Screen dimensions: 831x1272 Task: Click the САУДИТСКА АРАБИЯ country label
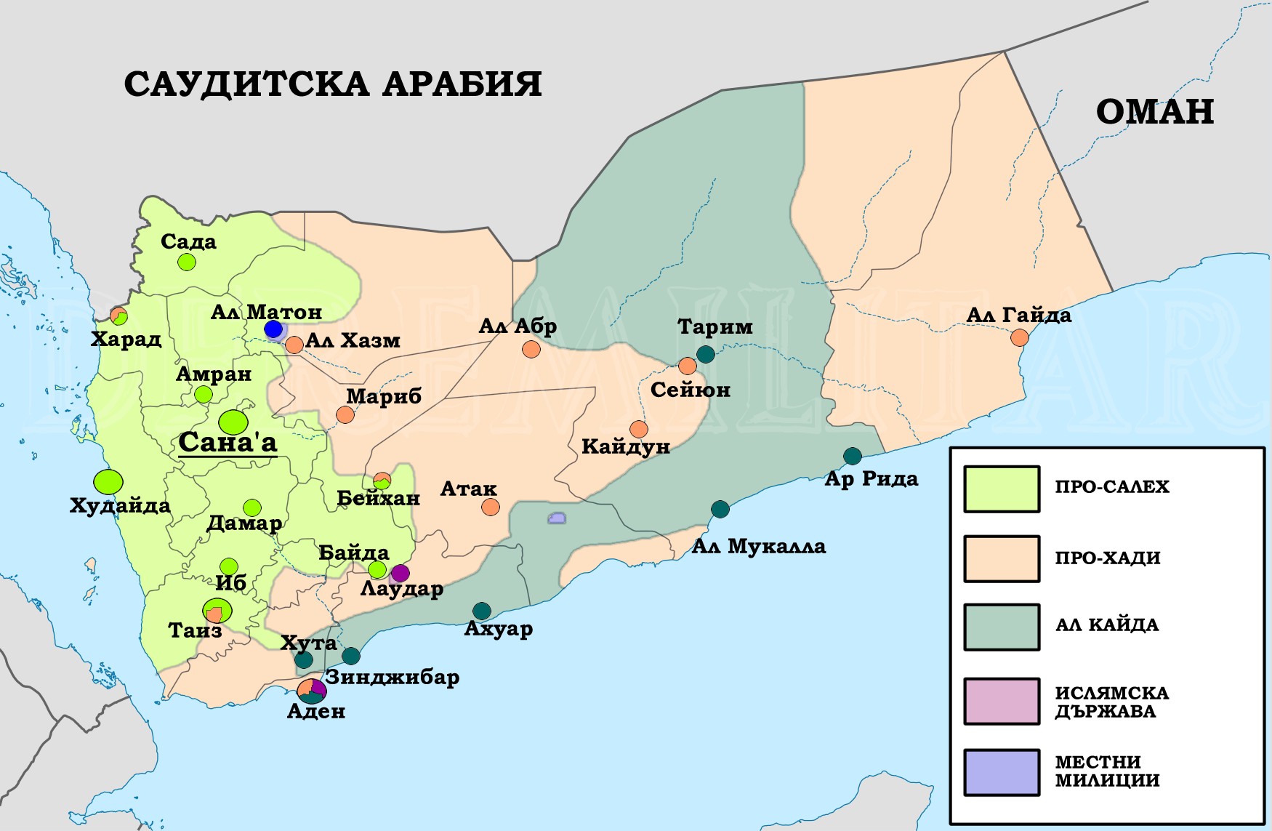333,84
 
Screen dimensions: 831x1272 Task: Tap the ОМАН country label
1154,112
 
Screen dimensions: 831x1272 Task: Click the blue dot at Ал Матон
273,329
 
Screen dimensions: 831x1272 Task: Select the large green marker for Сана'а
233,422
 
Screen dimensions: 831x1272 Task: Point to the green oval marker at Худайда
108,481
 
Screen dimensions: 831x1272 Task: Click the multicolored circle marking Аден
312,691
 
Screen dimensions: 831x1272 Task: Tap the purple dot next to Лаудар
400,573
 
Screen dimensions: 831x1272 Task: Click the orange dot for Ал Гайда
1020,337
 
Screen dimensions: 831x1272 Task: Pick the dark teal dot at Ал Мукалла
720,509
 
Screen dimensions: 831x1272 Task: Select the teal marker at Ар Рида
852,456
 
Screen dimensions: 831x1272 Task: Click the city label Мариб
384,396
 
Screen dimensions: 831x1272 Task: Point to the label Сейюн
690,390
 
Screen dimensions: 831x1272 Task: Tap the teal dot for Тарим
705,354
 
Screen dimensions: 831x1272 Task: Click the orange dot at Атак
491,507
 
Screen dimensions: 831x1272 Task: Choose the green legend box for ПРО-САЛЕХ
1002,489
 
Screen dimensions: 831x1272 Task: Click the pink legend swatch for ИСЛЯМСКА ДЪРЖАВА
1002,701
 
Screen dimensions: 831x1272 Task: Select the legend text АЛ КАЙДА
1106,625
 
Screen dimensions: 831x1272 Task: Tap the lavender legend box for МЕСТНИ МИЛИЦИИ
1002,771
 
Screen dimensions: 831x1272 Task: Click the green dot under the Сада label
187,262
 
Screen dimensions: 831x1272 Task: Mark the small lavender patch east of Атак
557,518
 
